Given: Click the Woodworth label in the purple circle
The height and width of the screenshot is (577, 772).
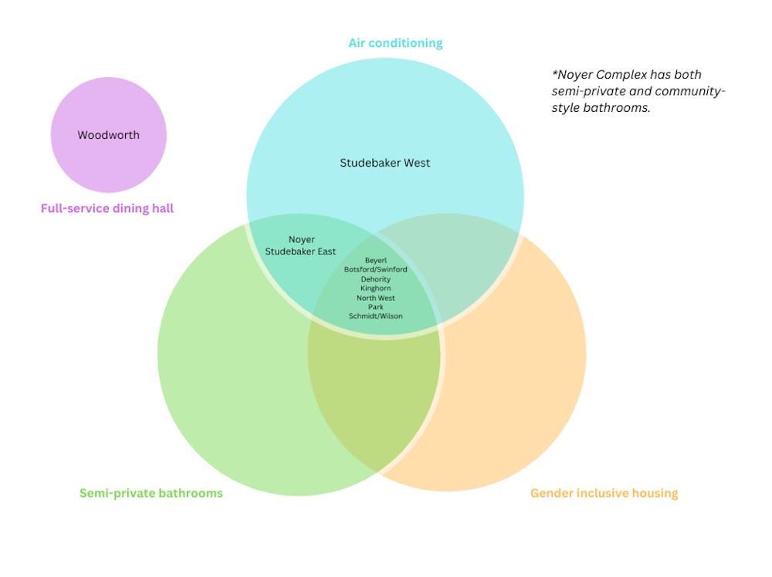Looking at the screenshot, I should pyautogui.click(x=108, y=135).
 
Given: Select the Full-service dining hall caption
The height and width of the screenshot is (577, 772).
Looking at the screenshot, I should pyautogui.click(x=107, y=208).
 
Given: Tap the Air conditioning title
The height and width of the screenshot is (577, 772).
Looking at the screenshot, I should pyautogui.click(x=395, y=42).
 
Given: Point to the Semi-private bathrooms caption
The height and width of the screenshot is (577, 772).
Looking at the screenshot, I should pyautogui.click(x=151, y=493).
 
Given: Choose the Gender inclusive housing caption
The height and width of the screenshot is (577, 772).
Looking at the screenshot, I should pyautogui.click(x=604, y=493).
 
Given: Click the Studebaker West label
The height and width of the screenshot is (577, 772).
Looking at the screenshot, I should pyautogui.click(x=385, y=163).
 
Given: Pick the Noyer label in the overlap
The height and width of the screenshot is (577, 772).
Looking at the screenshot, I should pyautogui.click(x=301, y=240).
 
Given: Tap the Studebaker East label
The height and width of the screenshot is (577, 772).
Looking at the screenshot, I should pyautogui.click(x=300, y=251).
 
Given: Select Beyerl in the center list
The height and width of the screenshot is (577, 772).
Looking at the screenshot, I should pyautogui.click(x=376, y=261).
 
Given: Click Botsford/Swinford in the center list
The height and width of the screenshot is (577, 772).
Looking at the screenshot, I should pyautogui.click(x=376, y=270).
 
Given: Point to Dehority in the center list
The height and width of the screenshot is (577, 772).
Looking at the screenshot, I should pyautogui.click(x=376, y=279).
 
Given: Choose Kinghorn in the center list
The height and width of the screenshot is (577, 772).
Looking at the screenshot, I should pyautogui.click(x=376, y=288).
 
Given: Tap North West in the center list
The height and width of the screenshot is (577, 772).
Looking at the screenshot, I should pyautogui.click(x=376, y=298).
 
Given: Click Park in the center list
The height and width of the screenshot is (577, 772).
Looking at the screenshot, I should pyautogui.click(x=376, y=307).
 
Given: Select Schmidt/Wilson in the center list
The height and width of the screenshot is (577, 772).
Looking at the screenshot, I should pyautogui.click(x=376, y=316).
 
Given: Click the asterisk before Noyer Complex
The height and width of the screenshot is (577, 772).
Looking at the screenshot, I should pyautogui.click(x=554, y=74).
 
